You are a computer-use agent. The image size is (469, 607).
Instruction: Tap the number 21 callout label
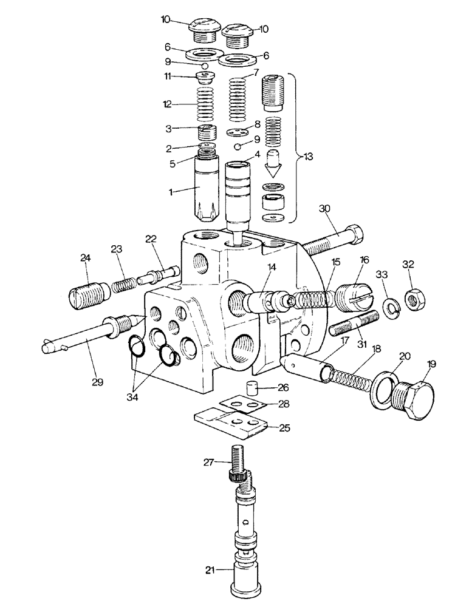(210, 569)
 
